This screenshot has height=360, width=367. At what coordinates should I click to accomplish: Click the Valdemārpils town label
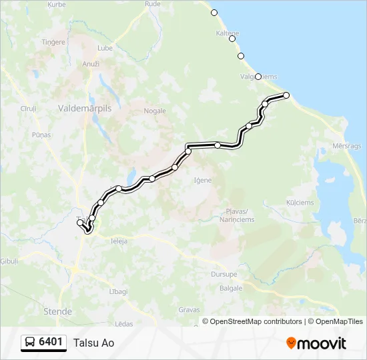pos(85,107)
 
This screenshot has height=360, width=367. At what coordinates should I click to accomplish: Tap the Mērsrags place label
pos(347,145)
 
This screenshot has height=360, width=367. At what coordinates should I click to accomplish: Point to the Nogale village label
pos(155,111)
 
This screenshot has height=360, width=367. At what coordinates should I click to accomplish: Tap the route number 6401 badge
pos(51,342)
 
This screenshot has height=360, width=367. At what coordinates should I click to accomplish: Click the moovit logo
pos(316,343)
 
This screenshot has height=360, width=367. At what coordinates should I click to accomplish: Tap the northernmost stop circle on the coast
pos(214,13)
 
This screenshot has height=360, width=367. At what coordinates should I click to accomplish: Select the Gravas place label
pos(189,310)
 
